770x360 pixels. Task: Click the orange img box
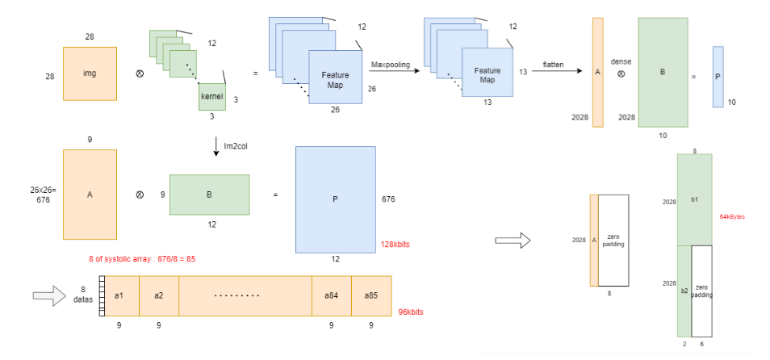coord(90,73)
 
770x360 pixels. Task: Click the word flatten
coord(553,64)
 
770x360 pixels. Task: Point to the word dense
coord(621,61)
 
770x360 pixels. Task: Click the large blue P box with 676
coord(335,199)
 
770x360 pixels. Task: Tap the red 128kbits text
coord(396,245)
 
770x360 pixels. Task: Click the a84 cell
coord(331,295)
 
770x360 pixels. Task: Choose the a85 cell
coord(371,295)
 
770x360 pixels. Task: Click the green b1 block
coord(694,199)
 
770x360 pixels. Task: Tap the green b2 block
coord(684,291)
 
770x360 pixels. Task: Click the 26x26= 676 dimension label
coord(40,194)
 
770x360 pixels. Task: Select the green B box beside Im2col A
coord(209,195)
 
